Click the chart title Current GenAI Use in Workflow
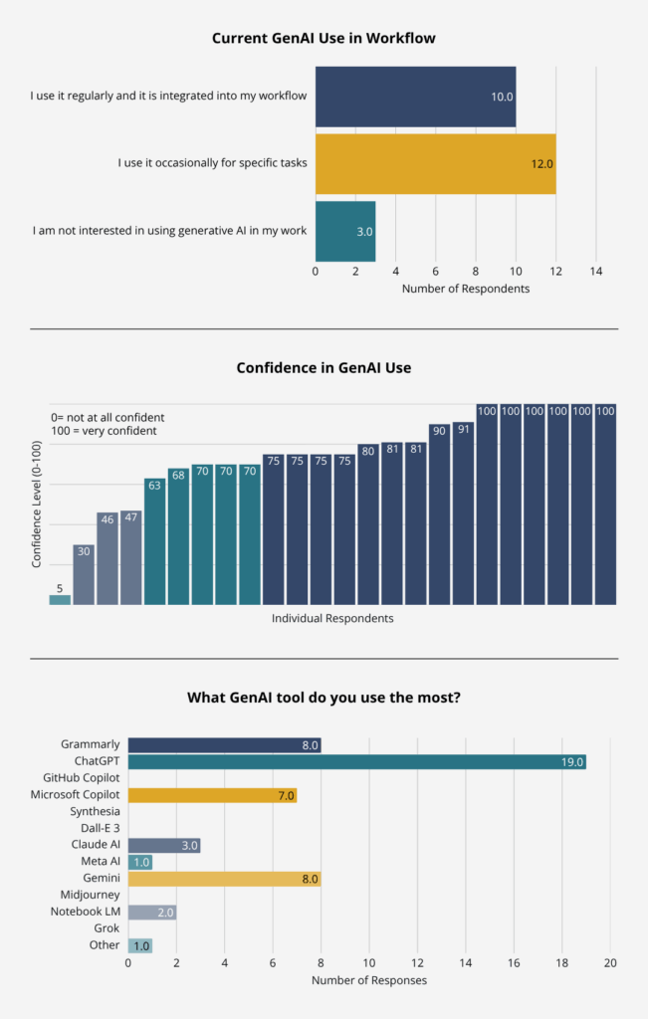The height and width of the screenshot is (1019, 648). (x=324, y=38)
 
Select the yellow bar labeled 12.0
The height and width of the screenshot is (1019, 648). (x=435, y=163)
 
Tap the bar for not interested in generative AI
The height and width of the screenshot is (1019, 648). (x=344, y=231)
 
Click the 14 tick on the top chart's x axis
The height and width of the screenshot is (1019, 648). (x=595, y=271)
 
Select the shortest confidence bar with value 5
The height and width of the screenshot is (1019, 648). (x=60, y=598)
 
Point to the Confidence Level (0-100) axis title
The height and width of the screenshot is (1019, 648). (x=37, y=507)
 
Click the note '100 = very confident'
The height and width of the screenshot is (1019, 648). (x=104, y=431)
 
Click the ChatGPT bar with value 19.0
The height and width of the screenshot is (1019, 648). (x=356, y=761)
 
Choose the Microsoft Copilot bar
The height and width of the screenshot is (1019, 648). (x=212, y=795)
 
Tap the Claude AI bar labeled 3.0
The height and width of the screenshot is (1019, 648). (x=164, y=845)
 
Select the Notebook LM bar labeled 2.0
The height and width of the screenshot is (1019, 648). (x=152, y=912)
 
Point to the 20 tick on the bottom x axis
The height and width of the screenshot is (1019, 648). (x=610, y=963)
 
